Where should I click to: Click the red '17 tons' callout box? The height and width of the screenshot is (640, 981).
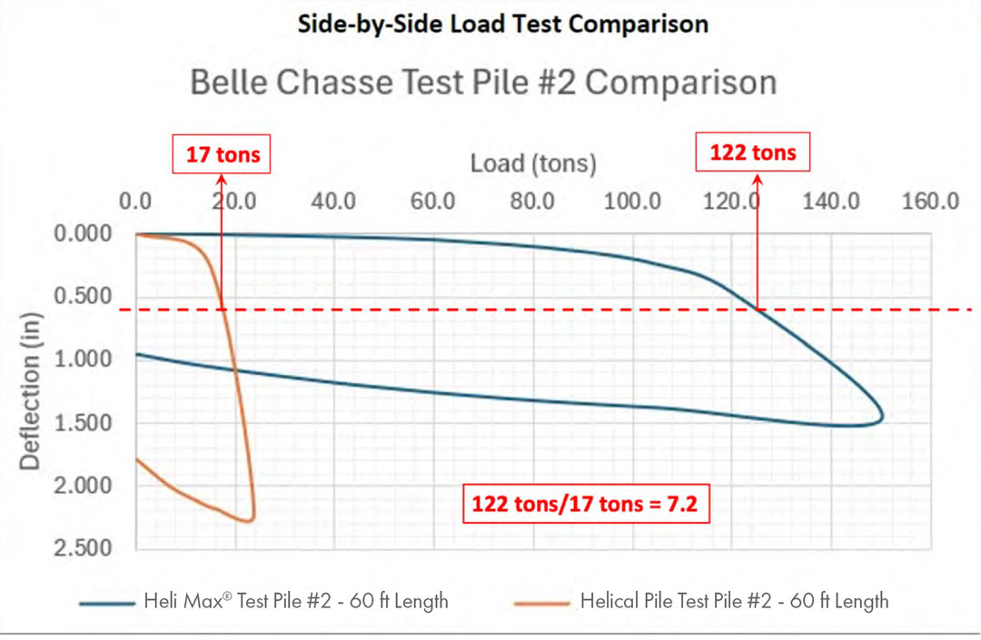tap(223, 155)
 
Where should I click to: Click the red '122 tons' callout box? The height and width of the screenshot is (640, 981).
tap(753, 153)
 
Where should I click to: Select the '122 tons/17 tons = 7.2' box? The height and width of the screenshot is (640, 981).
tap(583, 503)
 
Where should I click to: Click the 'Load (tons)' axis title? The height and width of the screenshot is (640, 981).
tap(533, 163)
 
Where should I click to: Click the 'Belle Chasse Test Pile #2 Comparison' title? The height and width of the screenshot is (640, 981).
tap(483, 83)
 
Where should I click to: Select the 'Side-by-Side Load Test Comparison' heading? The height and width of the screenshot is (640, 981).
tap(502, 23)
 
